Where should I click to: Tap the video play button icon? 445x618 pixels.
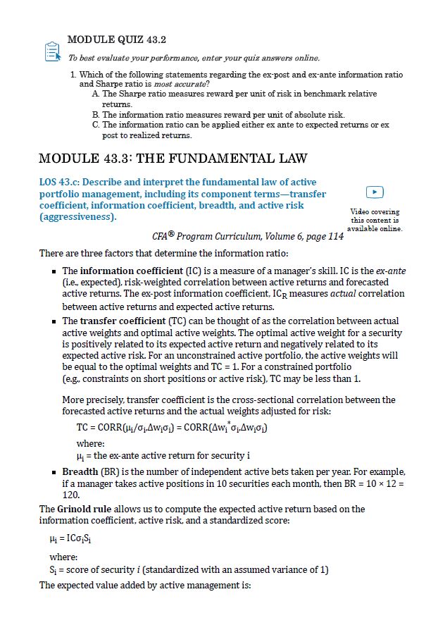coord(376,192)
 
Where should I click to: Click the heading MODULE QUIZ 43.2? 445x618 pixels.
coord(116,39)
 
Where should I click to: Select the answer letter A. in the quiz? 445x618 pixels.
coord(97,94)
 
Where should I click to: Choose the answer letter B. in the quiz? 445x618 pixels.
coord(97,114)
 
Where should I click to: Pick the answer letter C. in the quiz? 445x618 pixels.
coord(97,125)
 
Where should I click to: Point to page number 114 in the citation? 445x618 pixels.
coord(335,237)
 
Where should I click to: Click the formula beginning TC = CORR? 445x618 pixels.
coord(171,428)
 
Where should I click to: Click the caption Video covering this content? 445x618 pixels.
coord(375,220)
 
